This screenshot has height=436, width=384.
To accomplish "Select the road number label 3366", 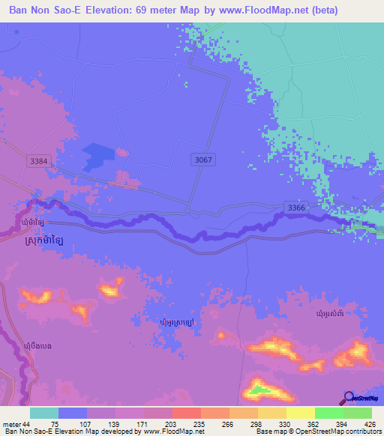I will click(x=296, y=207).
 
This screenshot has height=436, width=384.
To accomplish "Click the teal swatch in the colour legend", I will click(x=43, y=414).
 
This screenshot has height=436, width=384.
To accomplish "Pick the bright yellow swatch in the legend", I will click(x=300, y=414).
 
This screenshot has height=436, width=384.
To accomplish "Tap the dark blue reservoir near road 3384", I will click(x=97, y=155).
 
